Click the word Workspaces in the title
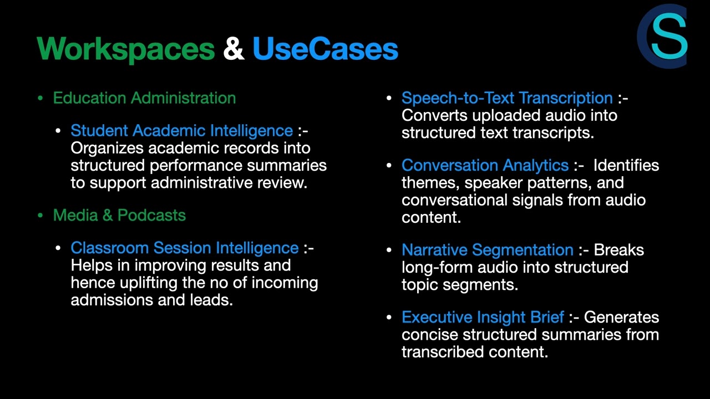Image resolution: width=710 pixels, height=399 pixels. tap(126, 49)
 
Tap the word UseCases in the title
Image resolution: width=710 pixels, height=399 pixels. tap(325, 49)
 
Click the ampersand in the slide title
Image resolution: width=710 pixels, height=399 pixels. tap(234, 49)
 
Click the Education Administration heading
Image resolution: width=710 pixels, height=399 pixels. tap(144, 98)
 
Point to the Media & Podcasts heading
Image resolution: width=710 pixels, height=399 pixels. tap(119, 215)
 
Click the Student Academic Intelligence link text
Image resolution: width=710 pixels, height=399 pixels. tap(181, 131)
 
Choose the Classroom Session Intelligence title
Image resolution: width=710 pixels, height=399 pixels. tap(184, 248)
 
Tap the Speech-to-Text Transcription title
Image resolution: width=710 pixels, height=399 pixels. tap(507, 98)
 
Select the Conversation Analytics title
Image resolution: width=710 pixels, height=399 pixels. tap(485, 165)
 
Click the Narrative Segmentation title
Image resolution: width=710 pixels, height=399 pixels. tap(487, 250)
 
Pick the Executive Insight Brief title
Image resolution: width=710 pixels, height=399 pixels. tap(483, 317)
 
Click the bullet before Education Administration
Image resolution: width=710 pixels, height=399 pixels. tap(40, 99)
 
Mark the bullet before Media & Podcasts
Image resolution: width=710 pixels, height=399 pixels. tap(40, 216)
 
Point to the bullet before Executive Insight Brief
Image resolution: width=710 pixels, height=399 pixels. tap(389, 318)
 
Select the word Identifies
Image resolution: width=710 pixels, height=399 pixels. tap(626, 165)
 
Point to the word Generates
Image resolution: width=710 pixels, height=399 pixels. tap(621, 317)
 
